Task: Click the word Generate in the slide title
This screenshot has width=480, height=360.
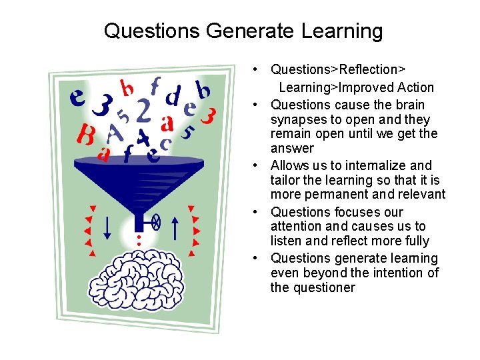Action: pyautogui.click(x=247, y=31)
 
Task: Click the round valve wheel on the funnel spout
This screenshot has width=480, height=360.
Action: pyautogui.click(x=155, y=223)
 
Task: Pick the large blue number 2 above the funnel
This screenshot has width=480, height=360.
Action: pyautogui.click(x=143, y=111)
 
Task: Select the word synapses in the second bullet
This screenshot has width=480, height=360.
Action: pyautogui.click(x=297, y=119)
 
